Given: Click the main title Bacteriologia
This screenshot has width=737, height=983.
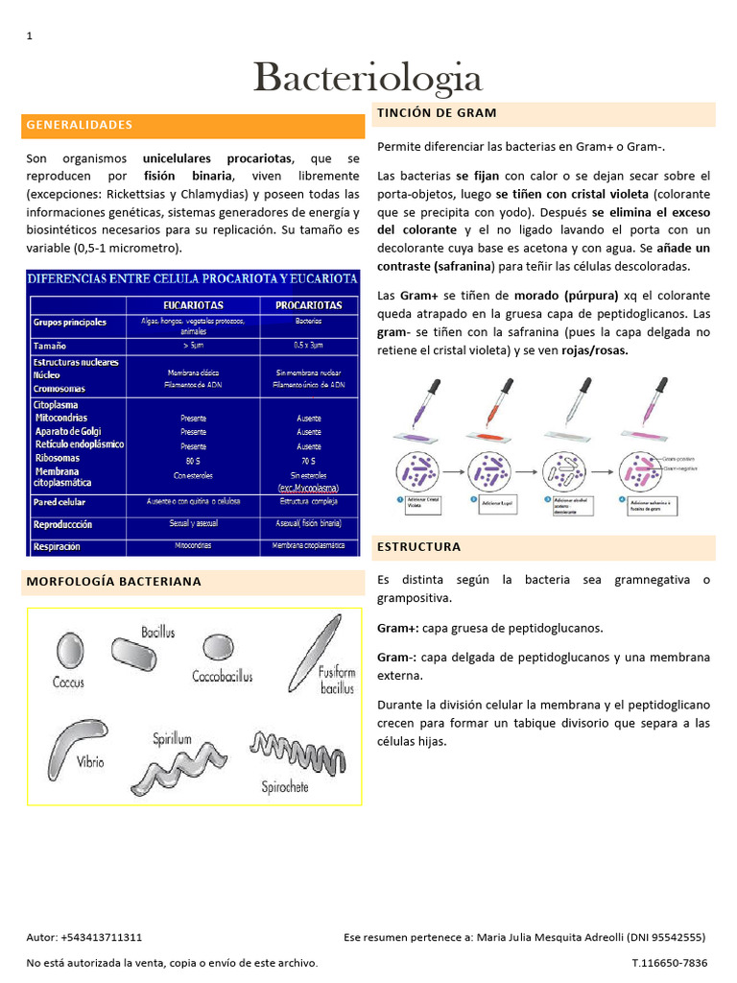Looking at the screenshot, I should [368, 78].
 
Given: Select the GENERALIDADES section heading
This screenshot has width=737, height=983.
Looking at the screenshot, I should [80, 125].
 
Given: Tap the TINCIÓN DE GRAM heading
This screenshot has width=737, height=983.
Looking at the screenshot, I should [437, 113].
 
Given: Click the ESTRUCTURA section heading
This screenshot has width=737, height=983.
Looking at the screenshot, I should [418, 547].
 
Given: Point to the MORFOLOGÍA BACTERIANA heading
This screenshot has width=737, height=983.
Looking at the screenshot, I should [114, 582].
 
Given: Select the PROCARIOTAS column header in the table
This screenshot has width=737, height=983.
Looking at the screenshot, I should [309, 304].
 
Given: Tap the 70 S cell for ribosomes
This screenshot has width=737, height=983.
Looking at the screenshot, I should [309, 460].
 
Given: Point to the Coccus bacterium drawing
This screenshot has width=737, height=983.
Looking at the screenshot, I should [70, 652].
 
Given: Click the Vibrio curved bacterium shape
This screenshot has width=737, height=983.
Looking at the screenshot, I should [77, 734].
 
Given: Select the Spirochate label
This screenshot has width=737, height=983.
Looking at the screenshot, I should [285, 786].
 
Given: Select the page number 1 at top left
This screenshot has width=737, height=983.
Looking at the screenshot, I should [29, 36].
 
